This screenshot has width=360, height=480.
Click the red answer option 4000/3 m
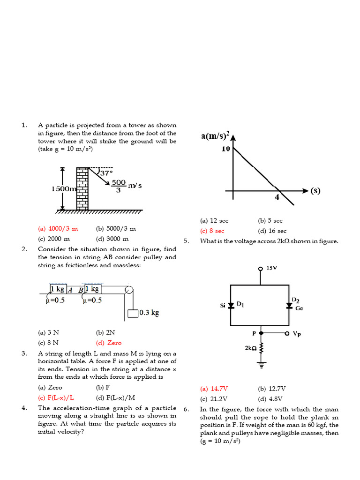coord(58,229)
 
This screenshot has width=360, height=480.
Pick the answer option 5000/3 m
coord(116,229)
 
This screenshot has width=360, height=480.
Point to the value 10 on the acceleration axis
coord(225,149)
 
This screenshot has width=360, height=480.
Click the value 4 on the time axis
coord(277,197)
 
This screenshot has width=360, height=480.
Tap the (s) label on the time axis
coord(315,191)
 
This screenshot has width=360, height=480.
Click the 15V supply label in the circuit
coord(272,268)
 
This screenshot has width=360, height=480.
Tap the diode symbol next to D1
coord(231,305)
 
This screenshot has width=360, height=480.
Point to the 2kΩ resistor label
coord(250,348)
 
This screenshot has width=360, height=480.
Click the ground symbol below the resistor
coord(261,363)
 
